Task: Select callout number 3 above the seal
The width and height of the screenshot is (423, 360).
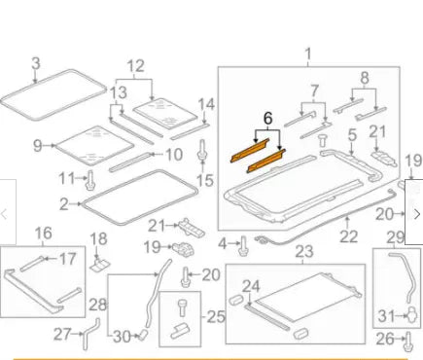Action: click(x=36, y=64)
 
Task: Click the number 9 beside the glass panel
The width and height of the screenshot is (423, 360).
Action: click(x=38, y=146)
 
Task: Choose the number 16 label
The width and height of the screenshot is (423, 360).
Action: click(x=43, y=233)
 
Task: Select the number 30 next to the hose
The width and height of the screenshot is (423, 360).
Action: click(x=122, y=338)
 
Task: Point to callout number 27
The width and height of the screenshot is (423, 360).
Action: click(x=61, y=334)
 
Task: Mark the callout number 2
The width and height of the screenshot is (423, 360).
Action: click(x=63, y=204)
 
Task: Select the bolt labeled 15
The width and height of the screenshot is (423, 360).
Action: click(x=202, y=153)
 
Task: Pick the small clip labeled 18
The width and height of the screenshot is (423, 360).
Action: click(x=99, y=262)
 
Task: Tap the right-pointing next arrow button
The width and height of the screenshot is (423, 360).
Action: click(x=416, y=213)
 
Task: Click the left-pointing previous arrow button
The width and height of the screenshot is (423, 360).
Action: click(x=7, y=213)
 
